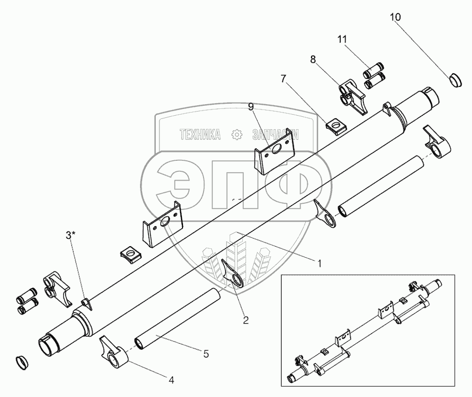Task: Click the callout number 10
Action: [395, 17]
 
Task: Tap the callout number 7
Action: [284, 79]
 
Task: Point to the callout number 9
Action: [251, 107]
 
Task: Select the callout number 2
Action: [245, 319]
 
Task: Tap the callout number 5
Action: [206, 354]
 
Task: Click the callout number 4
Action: [171, 380]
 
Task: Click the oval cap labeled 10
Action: [455, 80]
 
